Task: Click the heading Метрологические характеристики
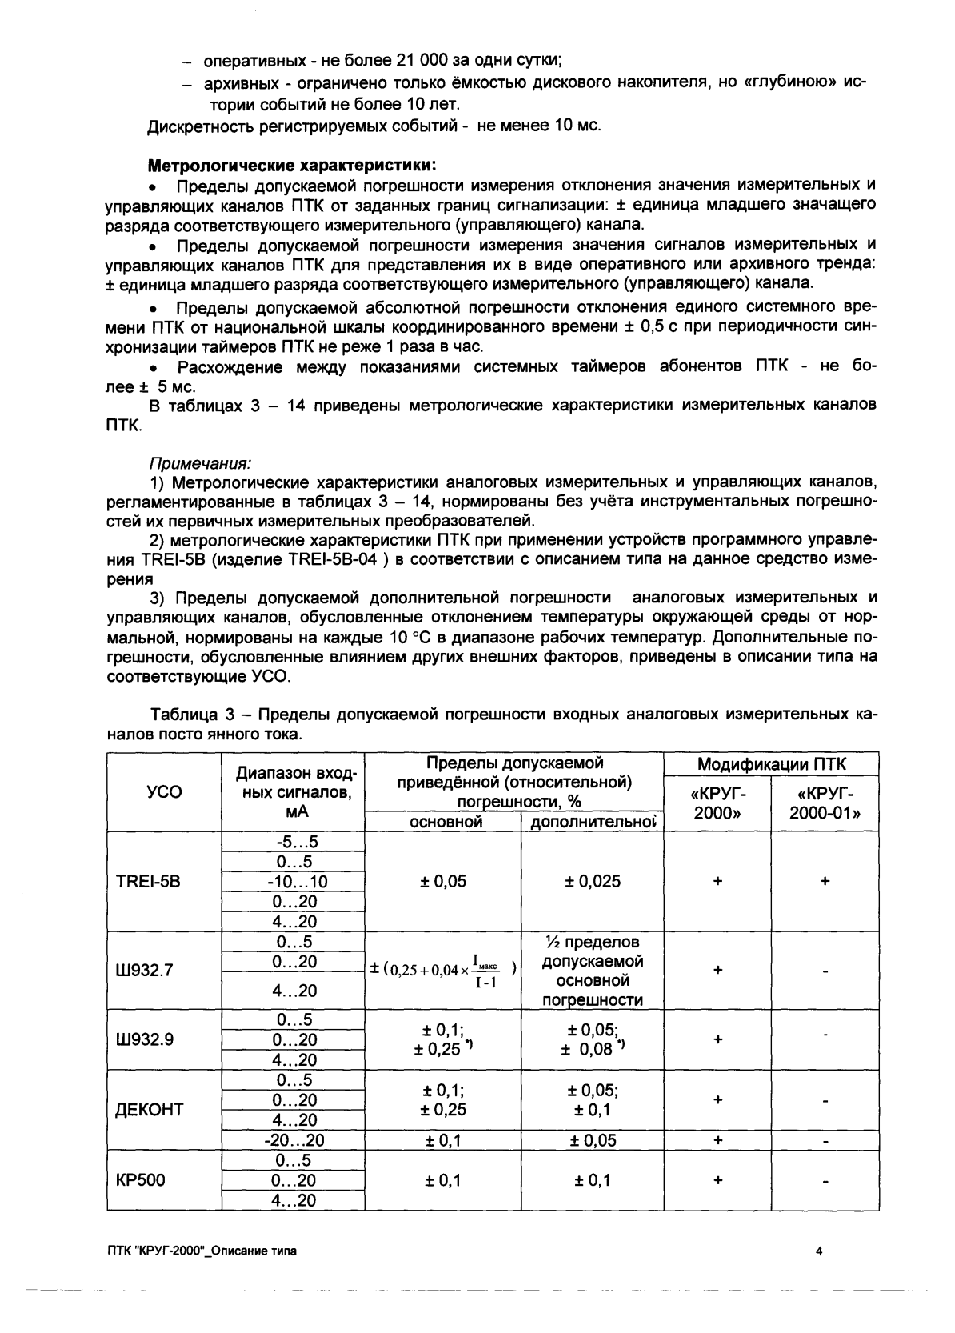coord(292,166)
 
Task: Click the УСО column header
coord(165,792)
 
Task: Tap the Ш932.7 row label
coord(145,971)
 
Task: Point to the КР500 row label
coord(141,1180)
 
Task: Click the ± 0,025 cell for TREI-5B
coord(593,882)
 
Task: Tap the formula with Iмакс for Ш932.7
coord(442,971)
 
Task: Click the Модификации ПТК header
coord(771,764)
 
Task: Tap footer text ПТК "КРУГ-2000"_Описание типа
coord(201,1251)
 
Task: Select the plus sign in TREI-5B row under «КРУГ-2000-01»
coord(825,881)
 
